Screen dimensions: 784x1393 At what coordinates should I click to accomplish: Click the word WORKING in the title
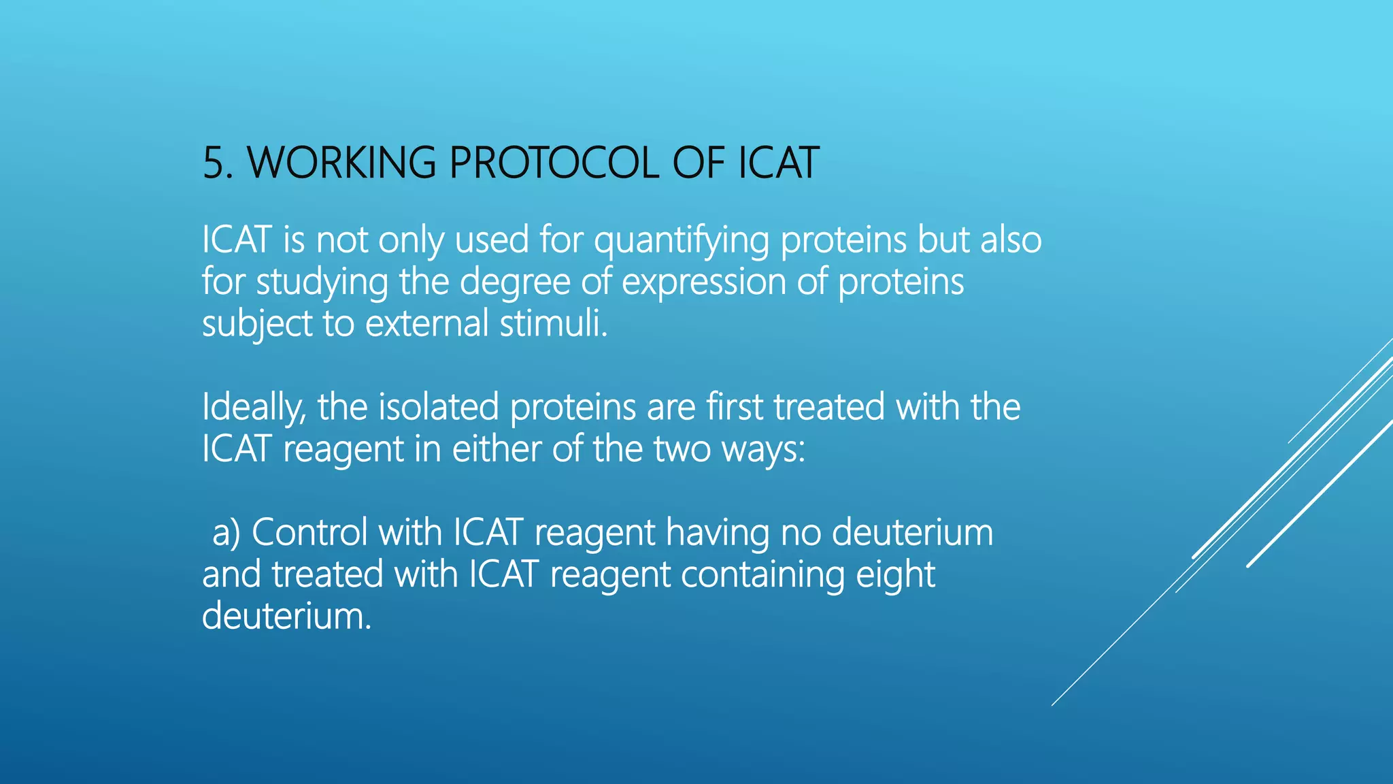(341, 163)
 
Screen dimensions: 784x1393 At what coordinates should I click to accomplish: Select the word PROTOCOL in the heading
(554, 163)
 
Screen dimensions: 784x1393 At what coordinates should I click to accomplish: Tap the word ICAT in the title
(778, 163)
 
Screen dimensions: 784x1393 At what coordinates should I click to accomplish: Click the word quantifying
(682, 241)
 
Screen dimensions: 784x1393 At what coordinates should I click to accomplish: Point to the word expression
(704, 282)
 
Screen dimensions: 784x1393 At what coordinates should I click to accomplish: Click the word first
(734, 407)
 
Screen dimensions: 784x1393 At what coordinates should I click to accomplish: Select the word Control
(310, 532)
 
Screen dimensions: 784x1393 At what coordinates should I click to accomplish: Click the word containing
(763, 575)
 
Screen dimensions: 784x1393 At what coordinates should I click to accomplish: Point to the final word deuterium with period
(286, 616)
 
